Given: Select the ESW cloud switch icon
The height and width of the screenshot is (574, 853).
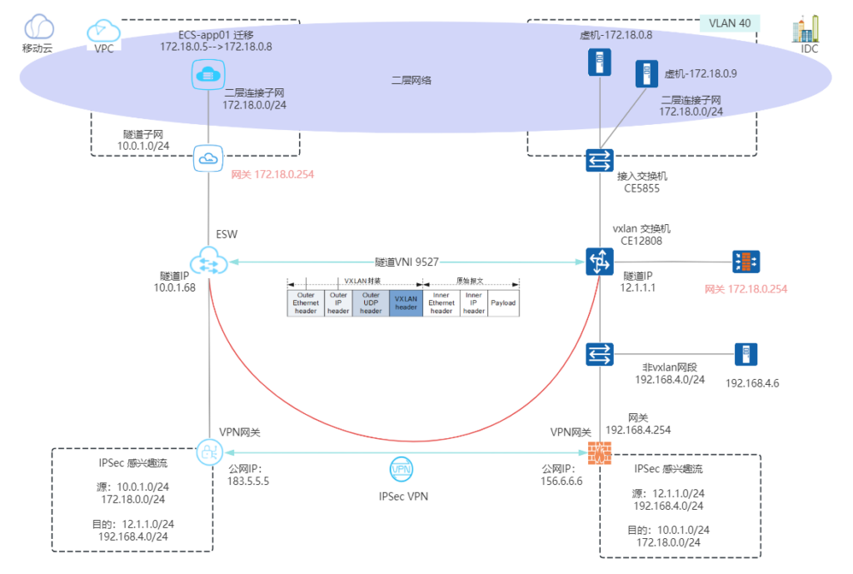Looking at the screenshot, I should point(207,262).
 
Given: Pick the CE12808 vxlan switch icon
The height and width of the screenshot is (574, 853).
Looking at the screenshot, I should point(600,262).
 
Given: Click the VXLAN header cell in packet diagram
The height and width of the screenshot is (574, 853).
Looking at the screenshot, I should point(406,302).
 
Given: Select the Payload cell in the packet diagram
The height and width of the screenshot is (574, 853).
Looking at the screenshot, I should point(503,302).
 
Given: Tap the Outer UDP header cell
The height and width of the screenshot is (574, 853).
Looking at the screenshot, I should point(371,302).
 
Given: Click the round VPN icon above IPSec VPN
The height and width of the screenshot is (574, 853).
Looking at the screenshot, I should point(402,470).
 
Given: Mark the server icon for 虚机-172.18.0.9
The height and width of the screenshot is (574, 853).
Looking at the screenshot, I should point(643,74).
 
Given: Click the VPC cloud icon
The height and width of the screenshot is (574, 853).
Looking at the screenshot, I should point(102,31).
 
